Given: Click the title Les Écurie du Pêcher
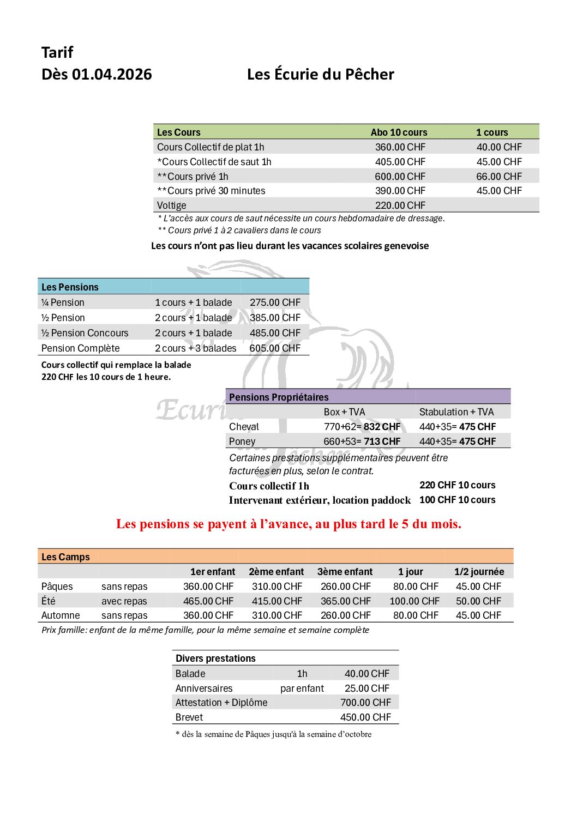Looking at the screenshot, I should coord(320,74).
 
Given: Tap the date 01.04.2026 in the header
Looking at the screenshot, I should coord(112,74).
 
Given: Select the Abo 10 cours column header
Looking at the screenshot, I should coord(399,132).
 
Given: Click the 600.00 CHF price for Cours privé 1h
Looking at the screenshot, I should coord(400,177).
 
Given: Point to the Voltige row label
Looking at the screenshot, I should coord(171,205).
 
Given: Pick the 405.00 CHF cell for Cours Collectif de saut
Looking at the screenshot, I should coord(400,162).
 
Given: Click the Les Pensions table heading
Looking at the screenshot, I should coord(70,287).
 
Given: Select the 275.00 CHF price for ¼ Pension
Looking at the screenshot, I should coord(275,303).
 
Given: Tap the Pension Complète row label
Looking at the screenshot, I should coord(80,348).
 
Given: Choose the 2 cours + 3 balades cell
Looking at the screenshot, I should coord(195,348).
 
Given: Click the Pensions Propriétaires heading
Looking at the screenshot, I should coord(279,397).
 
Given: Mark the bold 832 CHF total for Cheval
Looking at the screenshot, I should coord(382,427).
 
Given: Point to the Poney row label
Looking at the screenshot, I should coord(242,442).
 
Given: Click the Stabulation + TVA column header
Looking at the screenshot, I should coord(456,412).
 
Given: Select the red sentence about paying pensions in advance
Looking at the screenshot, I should coord(288,524).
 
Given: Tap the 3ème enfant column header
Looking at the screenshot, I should coord(345,572).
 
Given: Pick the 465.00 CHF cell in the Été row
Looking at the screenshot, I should coord(208,601).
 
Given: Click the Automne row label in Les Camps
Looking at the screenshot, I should coord(61,615).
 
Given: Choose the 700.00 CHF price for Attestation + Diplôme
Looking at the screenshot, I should coord(365,703).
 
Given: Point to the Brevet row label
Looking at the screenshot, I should coord(189,717).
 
